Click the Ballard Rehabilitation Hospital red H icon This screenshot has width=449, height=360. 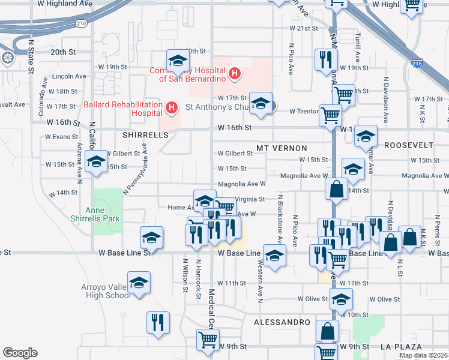coord(172,109)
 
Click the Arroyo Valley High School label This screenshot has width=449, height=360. coord(106,291)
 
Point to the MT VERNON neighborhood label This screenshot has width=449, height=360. coord(282,148)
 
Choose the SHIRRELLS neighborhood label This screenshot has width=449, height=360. coord(145,136)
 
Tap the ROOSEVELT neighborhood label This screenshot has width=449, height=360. coord(409,146)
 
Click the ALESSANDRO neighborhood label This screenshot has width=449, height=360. coord(281,322)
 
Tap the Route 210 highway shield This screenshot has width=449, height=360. coord(81,23)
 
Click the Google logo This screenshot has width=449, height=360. coord(20,352)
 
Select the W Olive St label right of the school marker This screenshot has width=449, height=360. coord(384,299)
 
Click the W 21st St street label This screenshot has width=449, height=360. coord(303,28)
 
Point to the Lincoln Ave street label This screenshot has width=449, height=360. coord(70,76)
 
